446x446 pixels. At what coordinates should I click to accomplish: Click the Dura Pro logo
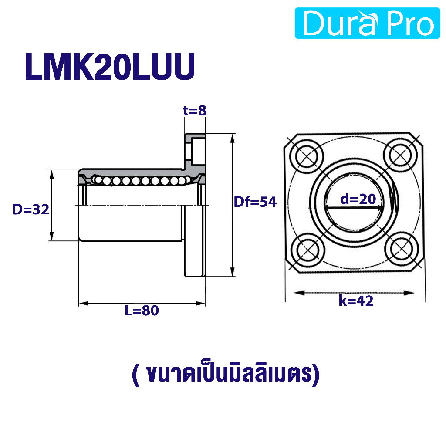(367, 23)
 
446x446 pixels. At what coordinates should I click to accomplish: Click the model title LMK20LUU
(110, 67)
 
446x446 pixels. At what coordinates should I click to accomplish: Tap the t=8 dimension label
(195, 111)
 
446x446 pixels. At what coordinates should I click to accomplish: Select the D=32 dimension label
(31, 209)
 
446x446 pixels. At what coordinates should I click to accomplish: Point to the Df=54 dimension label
(255, 202)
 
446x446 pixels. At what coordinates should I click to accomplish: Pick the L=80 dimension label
(142, 310)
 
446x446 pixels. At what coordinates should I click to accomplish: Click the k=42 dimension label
(356, 301)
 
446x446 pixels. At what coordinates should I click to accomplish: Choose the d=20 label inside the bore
(358, 199)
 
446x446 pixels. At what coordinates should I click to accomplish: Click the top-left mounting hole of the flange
(307, 156)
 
